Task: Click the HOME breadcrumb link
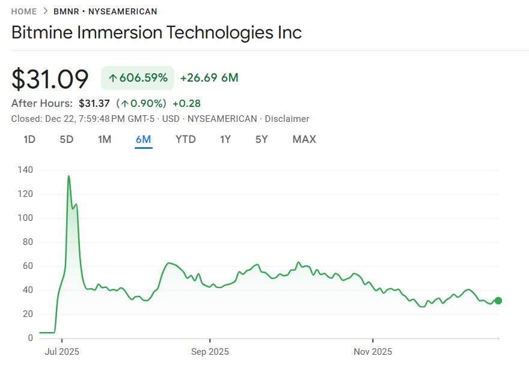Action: (x=24, y=11)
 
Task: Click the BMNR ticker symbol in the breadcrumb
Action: (x=66, y=11)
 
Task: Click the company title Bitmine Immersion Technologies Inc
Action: (x=156, y=32)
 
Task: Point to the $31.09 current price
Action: (x=50, y=79)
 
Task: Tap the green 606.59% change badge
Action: (x=138, y=77)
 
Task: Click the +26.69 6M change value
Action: (x=209, y=77)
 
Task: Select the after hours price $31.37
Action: (x=94, y=103)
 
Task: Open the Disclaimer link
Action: (x=287, y=119)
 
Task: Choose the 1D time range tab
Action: (x=29, y=139)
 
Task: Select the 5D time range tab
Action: (x=67, y=139)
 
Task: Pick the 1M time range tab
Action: (x=105, y=139)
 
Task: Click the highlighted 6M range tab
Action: (x=144, y=139)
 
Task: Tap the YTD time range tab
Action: (x=186, y=139)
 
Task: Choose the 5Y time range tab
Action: (x=261, y=139)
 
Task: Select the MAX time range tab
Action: (x=304, y=139)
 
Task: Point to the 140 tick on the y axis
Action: (x=26, y=170)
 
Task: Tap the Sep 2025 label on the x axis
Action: (x=210, y=351)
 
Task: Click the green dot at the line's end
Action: (x=498, y=301)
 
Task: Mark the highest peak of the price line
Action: (x=69, y=176)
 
